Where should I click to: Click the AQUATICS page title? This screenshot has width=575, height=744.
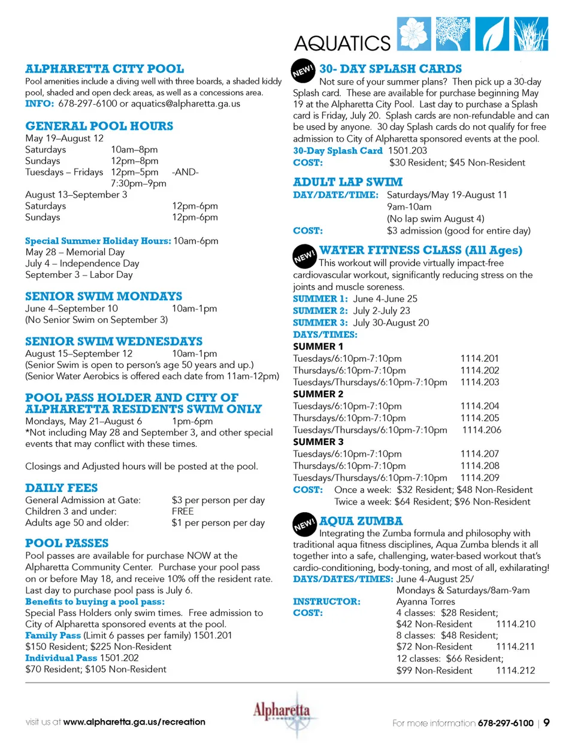point(342,43)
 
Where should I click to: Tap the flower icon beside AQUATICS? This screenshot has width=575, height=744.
point(414,34)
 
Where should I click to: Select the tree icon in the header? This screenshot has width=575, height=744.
point(453,34)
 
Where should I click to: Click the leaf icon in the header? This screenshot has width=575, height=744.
point(492,34)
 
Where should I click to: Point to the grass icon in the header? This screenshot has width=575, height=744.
point(531,34)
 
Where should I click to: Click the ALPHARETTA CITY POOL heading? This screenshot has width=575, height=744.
point(104,69)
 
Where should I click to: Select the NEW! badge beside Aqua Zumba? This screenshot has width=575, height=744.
point(304,524)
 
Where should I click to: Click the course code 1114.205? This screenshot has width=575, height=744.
point(480,418)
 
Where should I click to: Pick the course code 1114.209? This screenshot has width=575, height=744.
point(480,478)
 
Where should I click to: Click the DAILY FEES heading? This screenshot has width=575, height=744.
point(61,488)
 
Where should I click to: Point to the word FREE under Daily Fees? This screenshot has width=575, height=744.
point(183,512)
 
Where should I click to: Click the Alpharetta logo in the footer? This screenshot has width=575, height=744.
point(282,715)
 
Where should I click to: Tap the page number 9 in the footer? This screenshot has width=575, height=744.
point(546,722)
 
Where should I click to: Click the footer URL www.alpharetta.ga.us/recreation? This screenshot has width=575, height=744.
point(134,722)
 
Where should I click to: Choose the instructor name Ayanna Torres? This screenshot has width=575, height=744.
point(425,601)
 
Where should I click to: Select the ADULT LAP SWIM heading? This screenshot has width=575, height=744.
point(347,182)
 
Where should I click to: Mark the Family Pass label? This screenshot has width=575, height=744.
point(53,636)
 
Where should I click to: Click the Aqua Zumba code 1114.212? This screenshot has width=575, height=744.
point(516,671)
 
